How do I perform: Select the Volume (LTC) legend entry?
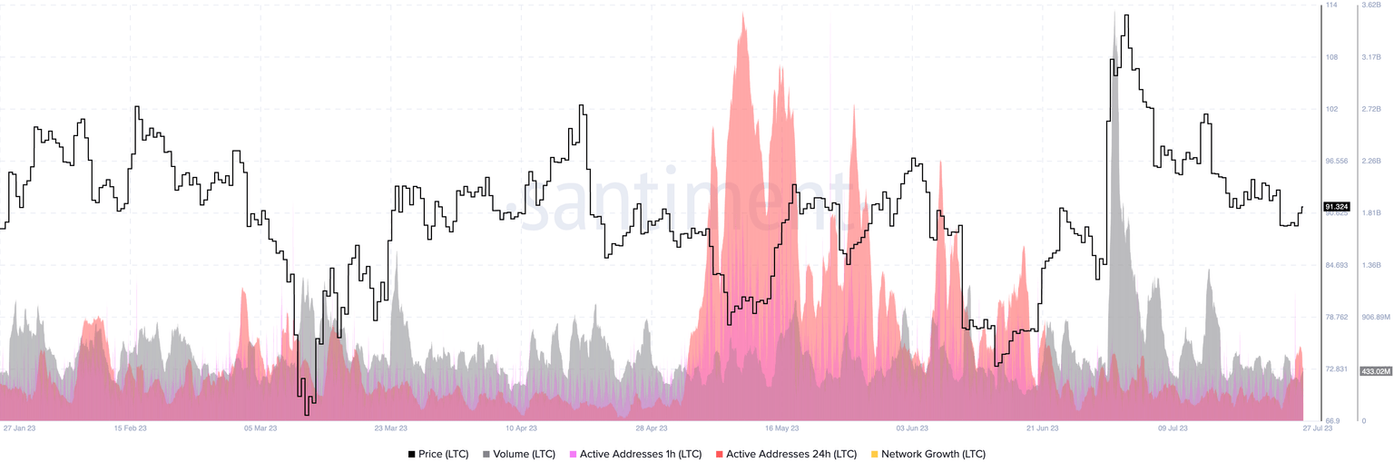[525, 454]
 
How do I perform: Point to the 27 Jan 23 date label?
[20, 428]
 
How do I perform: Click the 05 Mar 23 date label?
[260, 428]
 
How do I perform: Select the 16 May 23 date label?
[781, 428]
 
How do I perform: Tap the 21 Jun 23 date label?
[1043, 428]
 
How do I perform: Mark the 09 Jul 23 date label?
[1173, 428]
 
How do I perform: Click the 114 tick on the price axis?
[1331, 5]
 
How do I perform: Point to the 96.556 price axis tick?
[1338, 161]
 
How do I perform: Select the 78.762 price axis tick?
[1338, 317]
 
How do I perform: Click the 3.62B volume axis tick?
[1369, 5]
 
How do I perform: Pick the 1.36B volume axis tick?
[1369, 265]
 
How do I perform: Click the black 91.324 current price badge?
[1338, 207]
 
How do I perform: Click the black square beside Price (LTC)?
[412, 454]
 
